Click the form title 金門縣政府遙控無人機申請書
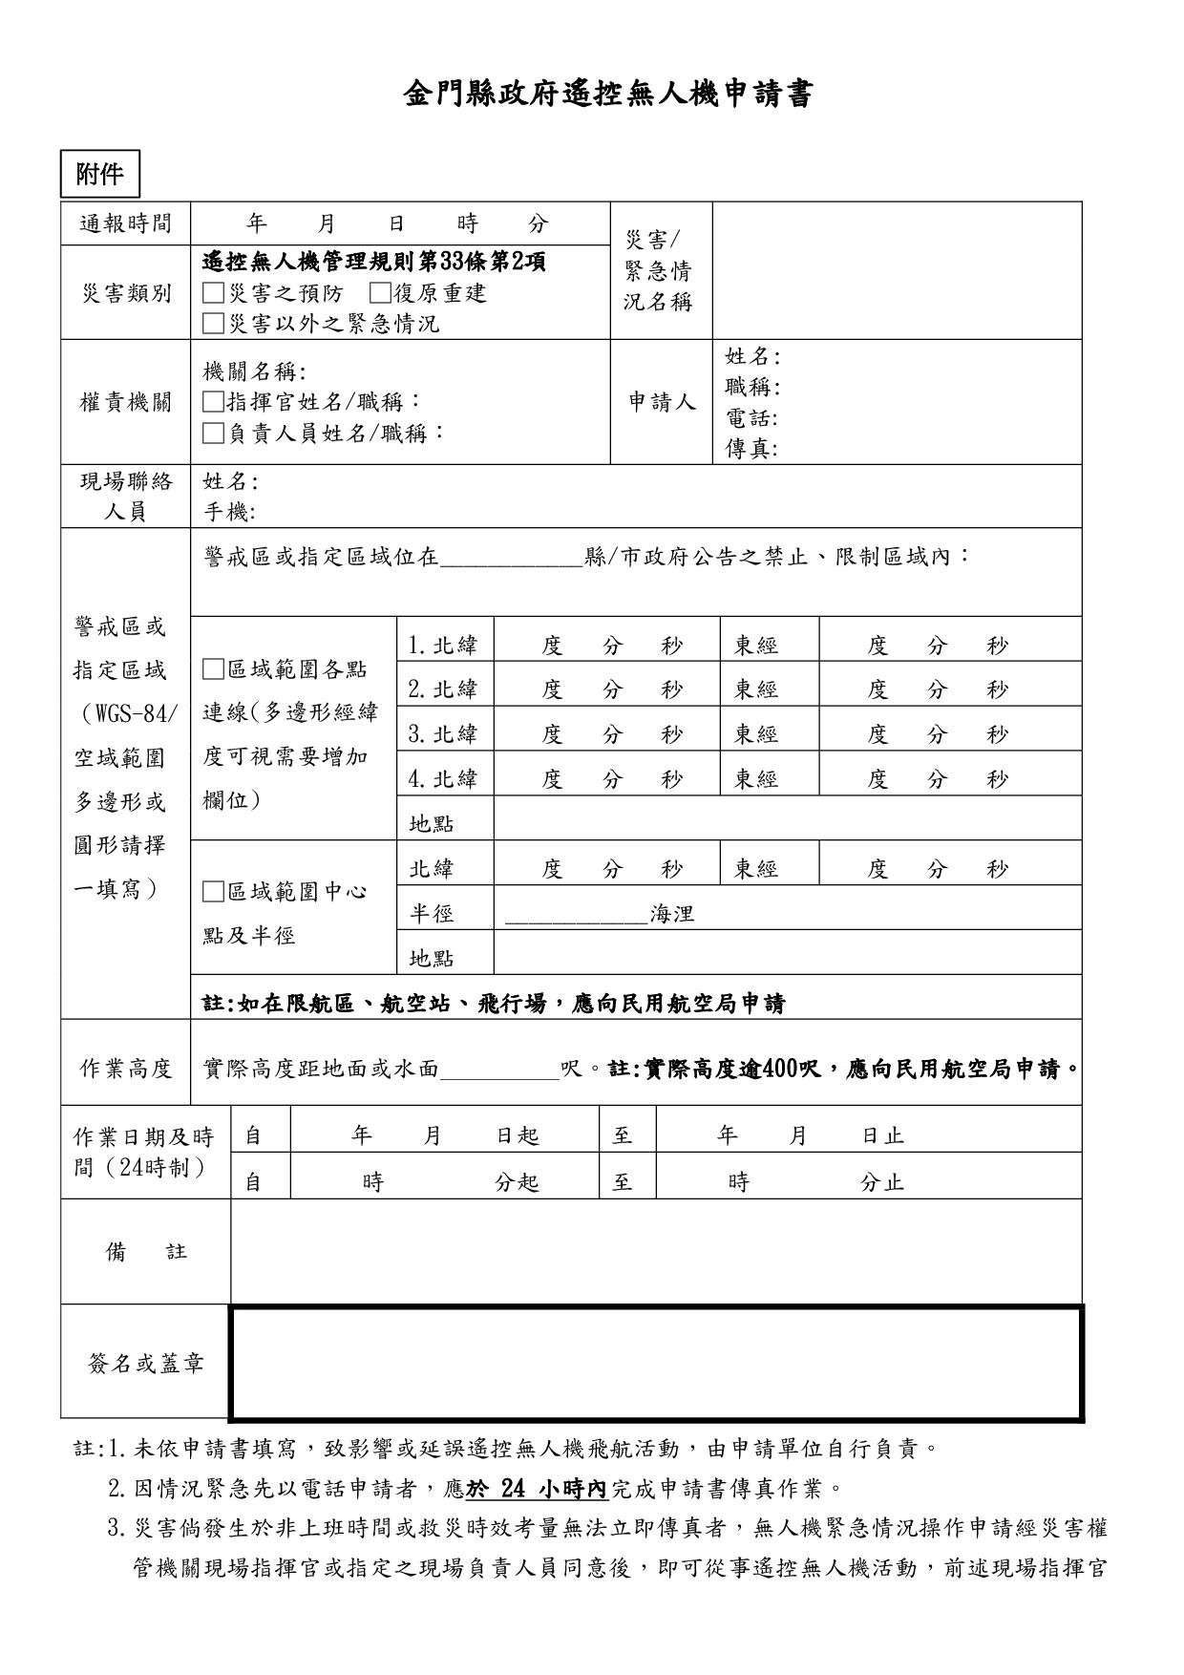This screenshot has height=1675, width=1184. [x=608, y=95]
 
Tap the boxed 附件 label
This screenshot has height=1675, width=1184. [x=99, y=175]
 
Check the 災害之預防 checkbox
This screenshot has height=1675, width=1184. [x=213, y=293]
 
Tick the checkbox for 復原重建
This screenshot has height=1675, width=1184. [x=379, y=293]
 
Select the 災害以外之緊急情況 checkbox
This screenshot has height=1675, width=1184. [x=213, y=324]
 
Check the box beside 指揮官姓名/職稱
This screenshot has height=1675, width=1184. [x=213, y=402]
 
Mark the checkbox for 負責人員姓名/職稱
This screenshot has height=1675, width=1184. [x=213, y=434]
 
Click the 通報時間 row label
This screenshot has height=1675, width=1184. [x=126, y=223]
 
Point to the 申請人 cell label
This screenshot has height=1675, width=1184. [x=662, y=402]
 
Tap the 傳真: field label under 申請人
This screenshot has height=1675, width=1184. [x=751, y=449]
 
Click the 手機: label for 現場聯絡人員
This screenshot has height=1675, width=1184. [x=229, y=512]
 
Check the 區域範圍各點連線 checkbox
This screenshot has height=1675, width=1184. [x=213, y=669]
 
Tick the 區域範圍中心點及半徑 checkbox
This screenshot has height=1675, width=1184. [x=213, y=892]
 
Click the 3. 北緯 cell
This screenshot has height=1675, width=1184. [x=443, y=734]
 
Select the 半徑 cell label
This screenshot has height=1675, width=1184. [x=432, y=914]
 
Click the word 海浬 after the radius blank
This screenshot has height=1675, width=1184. [x=672, y=914]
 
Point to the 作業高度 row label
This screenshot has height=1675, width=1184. [x=126, y=1069]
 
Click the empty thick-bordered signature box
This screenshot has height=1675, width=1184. [x=656, y=1363]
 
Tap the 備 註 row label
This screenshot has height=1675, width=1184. [x=145, y=1252]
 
